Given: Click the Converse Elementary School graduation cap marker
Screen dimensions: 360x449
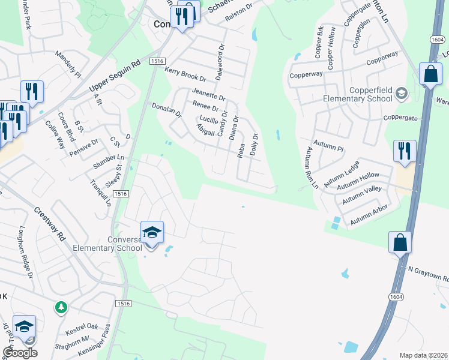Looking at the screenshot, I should [x=152, y=233].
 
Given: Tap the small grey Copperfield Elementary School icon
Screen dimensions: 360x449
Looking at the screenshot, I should [x=401, y=94].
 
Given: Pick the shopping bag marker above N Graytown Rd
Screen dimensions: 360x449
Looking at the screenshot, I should [x=400, y=243].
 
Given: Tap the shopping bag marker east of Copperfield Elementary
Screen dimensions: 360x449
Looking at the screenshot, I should [x=430, y=74].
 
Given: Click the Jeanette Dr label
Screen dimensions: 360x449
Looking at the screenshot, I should [x=208, y=94].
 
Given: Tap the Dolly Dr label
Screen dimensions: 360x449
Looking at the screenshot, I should [x=254, y=144].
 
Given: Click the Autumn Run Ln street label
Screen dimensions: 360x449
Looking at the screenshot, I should [x=312, y=167].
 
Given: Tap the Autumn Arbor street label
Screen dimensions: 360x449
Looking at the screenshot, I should [x=369, y=215].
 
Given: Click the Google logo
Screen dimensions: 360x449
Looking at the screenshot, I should [x=20, y=353].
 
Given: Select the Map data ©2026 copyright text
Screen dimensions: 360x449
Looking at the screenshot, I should [x=423, y=355].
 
